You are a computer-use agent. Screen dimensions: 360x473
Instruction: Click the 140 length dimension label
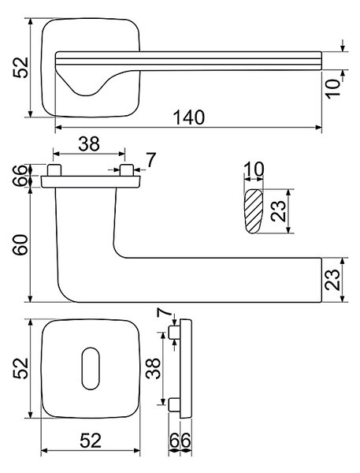click(189, 117)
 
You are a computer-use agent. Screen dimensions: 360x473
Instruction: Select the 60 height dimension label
click(21, 245)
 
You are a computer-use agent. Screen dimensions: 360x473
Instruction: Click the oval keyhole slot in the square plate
click(91, 368)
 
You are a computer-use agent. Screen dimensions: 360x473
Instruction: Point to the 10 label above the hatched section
click(254, 169)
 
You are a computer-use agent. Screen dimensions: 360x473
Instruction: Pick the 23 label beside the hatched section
click(278, 210)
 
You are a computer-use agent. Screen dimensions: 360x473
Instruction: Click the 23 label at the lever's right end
click(332, 280)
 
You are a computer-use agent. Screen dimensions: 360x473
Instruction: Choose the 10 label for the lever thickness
click(333, 88)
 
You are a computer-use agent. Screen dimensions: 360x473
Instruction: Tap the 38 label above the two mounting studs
click(89, 144)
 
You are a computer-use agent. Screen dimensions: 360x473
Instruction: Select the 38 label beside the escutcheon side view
click(153, 368)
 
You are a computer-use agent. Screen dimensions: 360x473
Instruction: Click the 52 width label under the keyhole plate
click(91, 441)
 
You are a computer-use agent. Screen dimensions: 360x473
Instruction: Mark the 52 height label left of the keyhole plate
click(20, 368)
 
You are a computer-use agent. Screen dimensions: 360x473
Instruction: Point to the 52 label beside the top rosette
click(20, 68)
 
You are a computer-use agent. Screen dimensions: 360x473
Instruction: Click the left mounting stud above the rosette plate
click(54, 170)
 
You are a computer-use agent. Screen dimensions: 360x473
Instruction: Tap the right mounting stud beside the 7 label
click(127, 170)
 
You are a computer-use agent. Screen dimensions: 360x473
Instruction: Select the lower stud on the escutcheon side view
click(174, 404)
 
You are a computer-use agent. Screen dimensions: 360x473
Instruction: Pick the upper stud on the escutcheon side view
click(174, 332)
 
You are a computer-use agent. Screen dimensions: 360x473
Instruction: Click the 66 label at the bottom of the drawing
click(180, 441)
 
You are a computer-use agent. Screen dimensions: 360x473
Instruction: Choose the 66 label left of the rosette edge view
click(20, 176)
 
